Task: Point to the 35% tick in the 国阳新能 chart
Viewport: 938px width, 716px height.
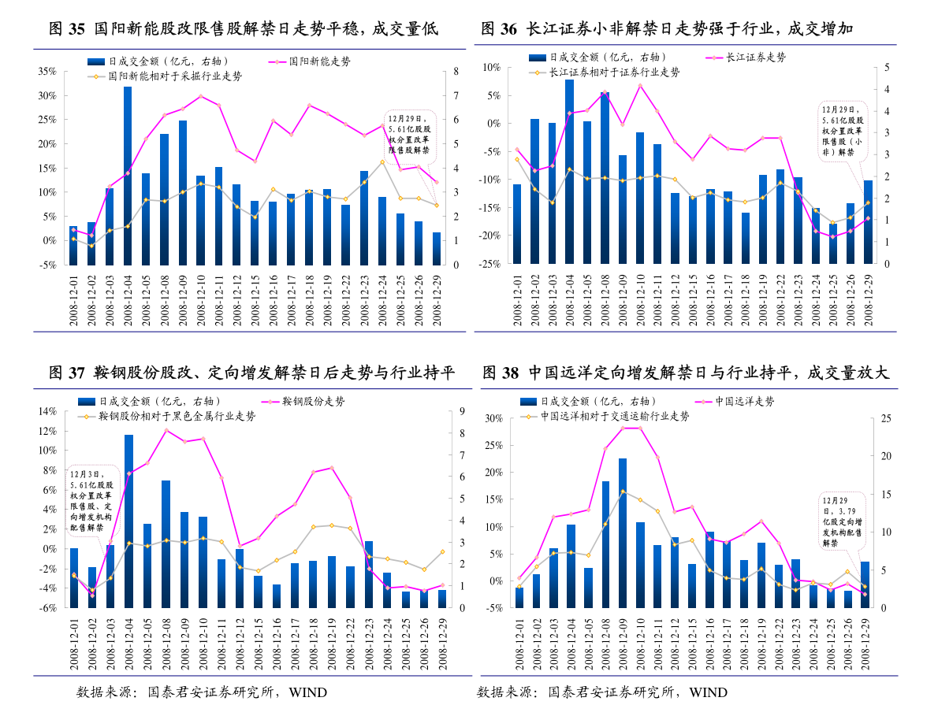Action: tap(47, 71)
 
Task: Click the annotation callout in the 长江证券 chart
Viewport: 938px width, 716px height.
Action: tap(843, 132)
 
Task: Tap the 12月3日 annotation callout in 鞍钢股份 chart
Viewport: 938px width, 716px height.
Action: tap(91, 501)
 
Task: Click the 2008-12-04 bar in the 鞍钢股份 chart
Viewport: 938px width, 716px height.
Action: tap(128, 521)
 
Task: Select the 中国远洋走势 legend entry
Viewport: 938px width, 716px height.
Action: tap(744, 401)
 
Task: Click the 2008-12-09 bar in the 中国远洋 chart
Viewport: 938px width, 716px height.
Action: tap(623, 532)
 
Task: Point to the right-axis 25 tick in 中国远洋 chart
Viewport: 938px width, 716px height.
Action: tap(885, 418)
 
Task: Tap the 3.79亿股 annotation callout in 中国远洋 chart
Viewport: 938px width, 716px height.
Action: tap(842, 521)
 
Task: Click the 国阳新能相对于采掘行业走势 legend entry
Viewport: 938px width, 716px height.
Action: tap(174, 76)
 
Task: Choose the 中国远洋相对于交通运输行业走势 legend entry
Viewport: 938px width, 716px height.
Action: tap(615, 416)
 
